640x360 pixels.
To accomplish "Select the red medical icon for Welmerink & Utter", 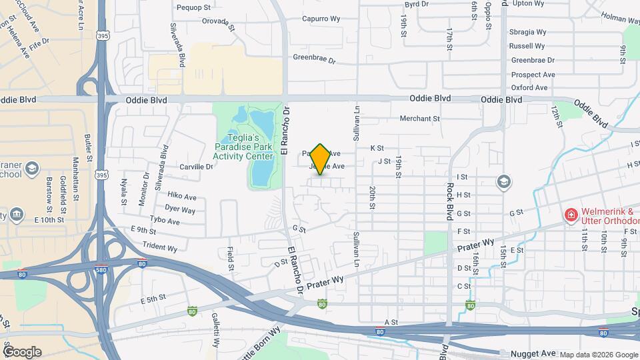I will tap(570, 215).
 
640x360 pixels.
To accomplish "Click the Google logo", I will tap(22, 352).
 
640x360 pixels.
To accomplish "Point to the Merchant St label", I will tap(420, 119).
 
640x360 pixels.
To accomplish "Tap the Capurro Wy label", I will tap(322, 19).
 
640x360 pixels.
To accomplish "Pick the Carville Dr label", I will tap(196, 167).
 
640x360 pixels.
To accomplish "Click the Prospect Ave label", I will tap(533, 75).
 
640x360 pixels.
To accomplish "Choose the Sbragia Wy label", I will tap(527, 32).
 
